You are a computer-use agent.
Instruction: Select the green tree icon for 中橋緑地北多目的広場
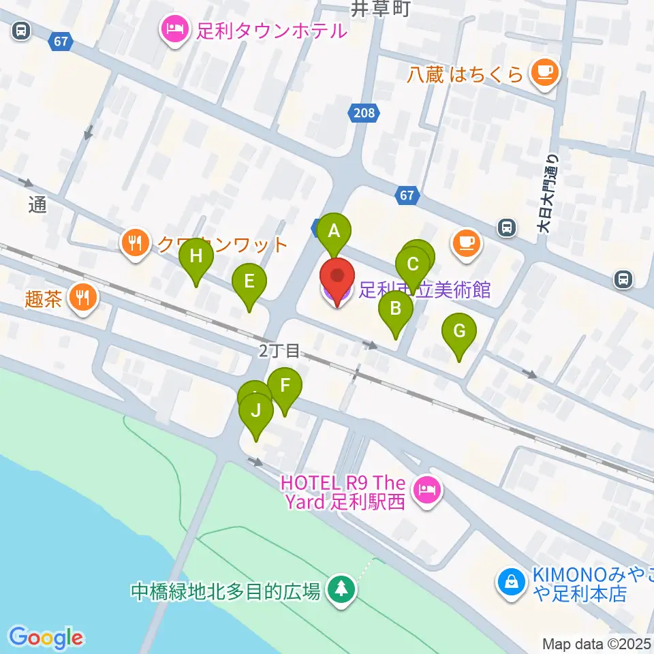point(339,589)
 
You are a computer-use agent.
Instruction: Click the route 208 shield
point(364,113)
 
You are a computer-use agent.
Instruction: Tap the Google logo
point(46,638)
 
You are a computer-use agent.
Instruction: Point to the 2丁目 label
point(279,351)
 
